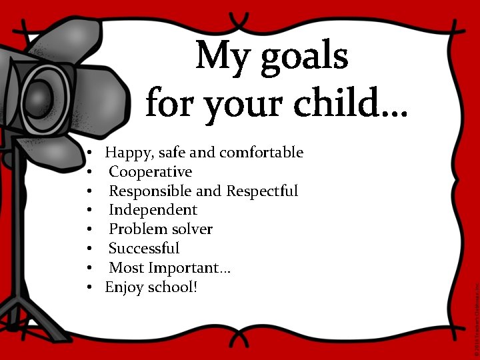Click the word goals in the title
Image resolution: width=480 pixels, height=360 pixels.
[304, 57]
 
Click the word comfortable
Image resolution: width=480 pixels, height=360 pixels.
[261, 153]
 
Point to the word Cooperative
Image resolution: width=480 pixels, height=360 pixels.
[150, 172]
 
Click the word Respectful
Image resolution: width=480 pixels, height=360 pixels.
[262, 191]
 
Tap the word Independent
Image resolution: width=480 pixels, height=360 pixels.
[153, 210]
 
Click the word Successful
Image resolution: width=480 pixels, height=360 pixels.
[144, 249]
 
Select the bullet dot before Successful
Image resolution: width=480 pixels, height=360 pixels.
[89, 249]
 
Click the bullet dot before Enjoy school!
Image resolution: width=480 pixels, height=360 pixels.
[89, 287]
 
